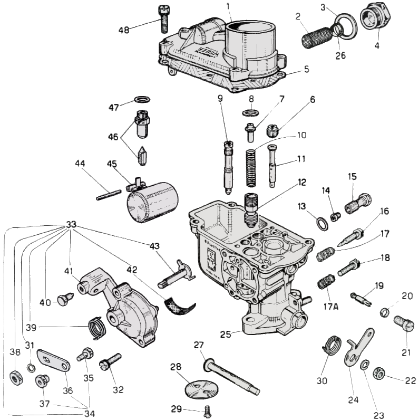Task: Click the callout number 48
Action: (124, 30)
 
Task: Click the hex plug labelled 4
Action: (375, 21)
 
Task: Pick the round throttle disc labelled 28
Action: (196, 388)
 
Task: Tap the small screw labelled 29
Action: (207, 409)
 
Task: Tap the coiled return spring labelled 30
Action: (333, 346)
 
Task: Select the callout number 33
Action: (71, 224)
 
